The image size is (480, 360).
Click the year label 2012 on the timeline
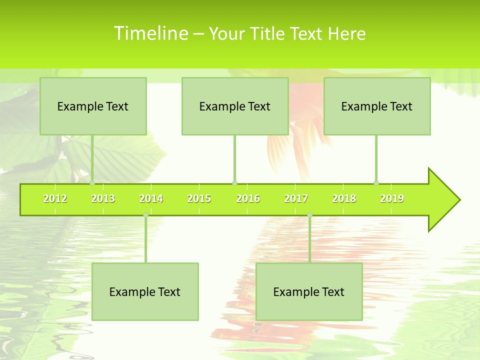click(55, 199)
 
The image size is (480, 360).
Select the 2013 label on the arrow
click(103, 199)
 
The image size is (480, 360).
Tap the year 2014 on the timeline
click(151, 199)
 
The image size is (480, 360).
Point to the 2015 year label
click(199, 199)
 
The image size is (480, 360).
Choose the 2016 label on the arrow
click(248, 199)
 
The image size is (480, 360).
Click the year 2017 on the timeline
click(296, 199)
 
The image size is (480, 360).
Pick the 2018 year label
click(344, 199)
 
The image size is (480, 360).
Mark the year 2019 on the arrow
click(392, 199)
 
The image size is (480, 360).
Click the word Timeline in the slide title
click(150, 33)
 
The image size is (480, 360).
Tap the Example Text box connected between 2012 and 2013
click(93, 106)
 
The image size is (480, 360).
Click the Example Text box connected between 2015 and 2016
click(235, 106)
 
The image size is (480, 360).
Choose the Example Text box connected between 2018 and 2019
click(377, 106)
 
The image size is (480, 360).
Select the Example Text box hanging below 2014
click(145, 292)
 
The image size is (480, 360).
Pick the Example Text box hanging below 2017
click(309, 292)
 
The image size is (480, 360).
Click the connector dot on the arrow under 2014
click(145, 215)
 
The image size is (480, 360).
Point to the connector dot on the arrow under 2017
click(309, 215)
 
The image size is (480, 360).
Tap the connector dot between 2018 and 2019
click(376, 183)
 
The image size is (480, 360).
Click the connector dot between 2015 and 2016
click(234, 183)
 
